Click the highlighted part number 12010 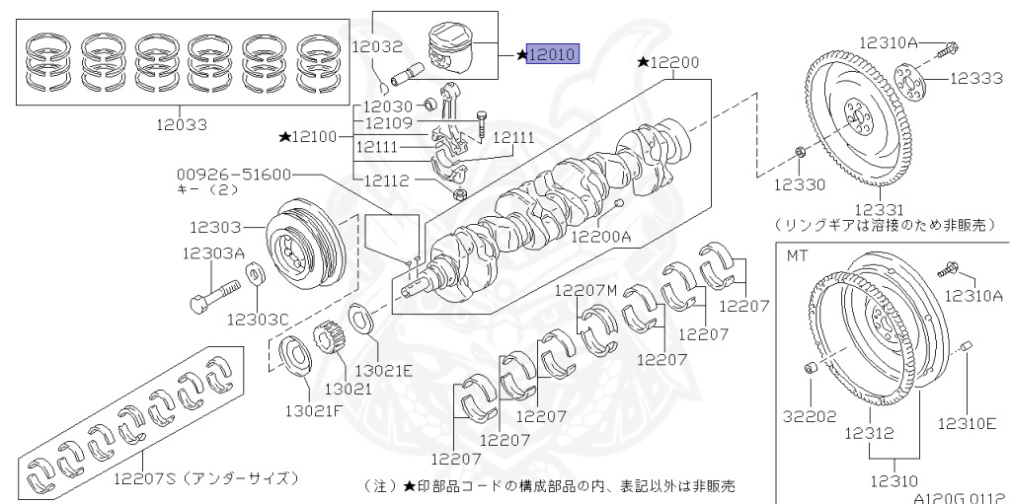pos(553,55)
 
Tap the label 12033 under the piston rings pos(181,125)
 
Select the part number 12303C pos(257,320)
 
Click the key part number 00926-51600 pos(235,175)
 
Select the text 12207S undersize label pos(202,478)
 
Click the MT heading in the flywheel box pos(797,255)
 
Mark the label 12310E pos(967,424)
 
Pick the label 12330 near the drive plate pos(797,183)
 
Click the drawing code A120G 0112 pos(958,497)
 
